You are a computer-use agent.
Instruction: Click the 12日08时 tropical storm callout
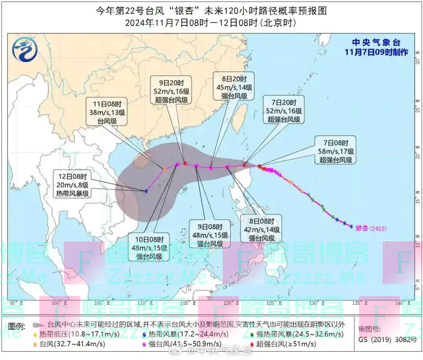coord(72,184)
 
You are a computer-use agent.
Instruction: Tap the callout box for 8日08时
coord(261,228)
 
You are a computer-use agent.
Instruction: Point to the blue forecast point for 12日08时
coord(146,191)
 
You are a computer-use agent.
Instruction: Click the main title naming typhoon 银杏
coord(211,10)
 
